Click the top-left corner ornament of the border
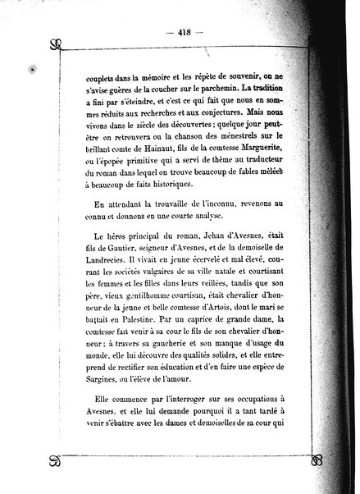coord(55,46)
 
